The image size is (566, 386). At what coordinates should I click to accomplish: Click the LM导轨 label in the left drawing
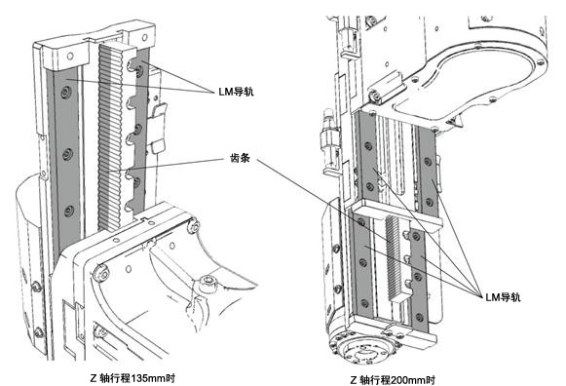click(x=236, y=92)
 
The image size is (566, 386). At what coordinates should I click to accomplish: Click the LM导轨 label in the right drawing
click(x=503, y=297)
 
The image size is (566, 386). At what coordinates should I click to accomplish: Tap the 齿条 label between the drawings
click(x=240, y=158)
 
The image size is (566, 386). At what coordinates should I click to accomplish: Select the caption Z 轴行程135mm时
click(x=132, y=378)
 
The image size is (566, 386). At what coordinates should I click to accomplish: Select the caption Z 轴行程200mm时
click(x=393, y=380)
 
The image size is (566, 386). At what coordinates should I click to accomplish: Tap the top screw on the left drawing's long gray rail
click(x=65, y=92)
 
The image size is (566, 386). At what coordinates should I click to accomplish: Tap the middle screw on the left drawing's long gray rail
click(x=67, y=154)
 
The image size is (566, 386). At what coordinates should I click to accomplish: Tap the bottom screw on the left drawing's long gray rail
click(x=69, y=211)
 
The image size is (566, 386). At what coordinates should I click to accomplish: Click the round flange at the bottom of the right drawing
click(x=362, y=347)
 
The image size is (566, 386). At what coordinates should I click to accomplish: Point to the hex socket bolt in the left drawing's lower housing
click(x=208, y=282)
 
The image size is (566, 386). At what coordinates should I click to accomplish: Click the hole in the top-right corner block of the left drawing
click(x=145, y=37)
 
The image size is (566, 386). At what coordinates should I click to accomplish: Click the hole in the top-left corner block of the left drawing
click(x=70, y=56)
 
